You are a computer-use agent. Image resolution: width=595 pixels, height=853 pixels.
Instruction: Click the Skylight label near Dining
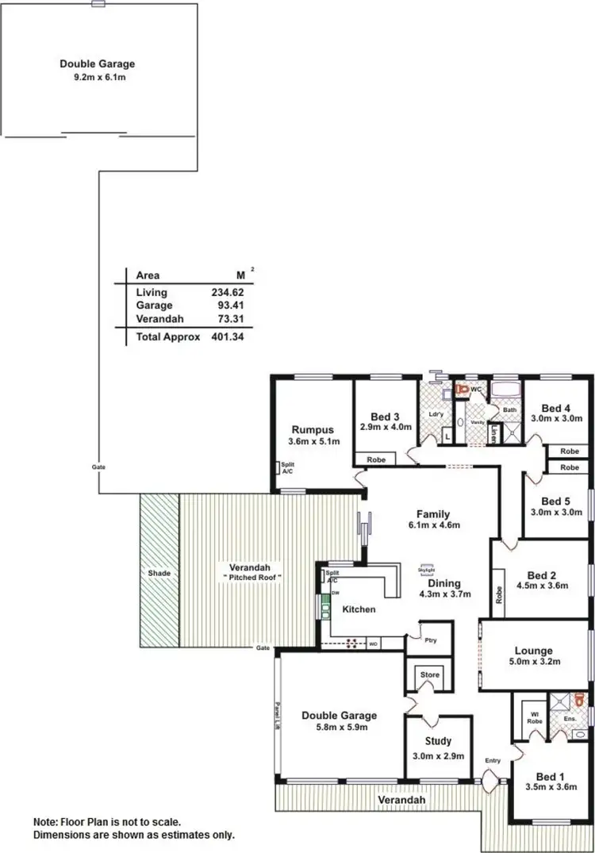tap(426, 568)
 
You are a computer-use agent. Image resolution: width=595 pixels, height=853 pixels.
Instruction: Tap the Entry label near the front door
tap(493, 760)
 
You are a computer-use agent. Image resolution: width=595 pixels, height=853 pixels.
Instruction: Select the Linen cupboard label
tap(493, 435)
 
